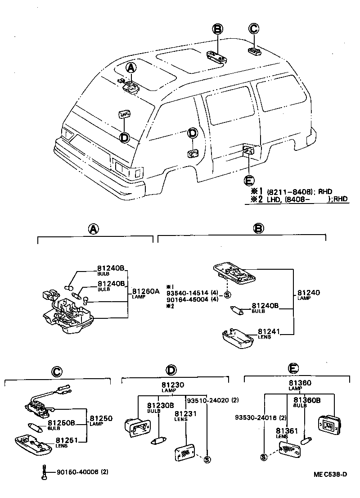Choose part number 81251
click(x=66, y=440)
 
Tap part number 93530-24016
click(x=254, y=417)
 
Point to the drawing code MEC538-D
click(x=331, y=474)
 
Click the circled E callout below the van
click(x=248, y=181)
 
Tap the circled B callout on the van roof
click(x=217, y=30)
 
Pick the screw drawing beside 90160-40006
click(x=44, y=471)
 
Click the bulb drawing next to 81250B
click(x=36, y=426)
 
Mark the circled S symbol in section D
click(x=207, y=460)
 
